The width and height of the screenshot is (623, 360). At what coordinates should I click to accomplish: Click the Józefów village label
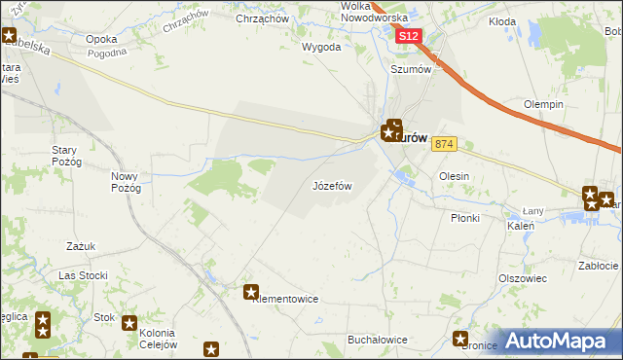(331, 185)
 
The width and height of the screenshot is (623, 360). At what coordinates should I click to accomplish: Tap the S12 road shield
(409, 37)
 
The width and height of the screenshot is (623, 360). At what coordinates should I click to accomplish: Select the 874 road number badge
(445, 144)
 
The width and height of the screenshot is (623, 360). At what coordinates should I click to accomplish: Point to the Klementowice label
(285, 300)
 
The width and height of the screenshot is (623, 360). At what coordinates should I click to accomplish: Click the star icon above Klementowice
(251, 291)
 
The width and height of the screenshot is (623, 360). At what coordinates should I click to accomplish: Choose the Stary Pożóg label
(69, 156)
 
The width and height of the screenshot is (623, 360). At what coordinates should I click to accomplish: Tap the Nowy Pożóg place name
(127, 182)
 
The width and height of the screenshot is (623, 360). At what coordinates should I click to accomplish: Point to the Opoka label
(101, 39)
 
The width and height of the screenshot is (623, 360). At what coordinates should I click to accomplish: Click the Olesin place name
(455, 176)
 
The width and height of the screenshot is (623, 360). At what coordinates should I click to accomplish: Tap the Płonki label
(464, 218)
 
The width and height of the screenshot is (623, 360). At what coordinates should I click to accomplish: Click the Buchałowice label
(377, 340)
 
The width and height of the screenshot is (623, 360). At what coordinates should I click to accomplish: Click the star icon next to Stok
(128, 322)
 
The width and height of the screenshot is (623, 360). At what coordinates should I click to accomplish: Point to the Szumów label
(410, 69)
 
